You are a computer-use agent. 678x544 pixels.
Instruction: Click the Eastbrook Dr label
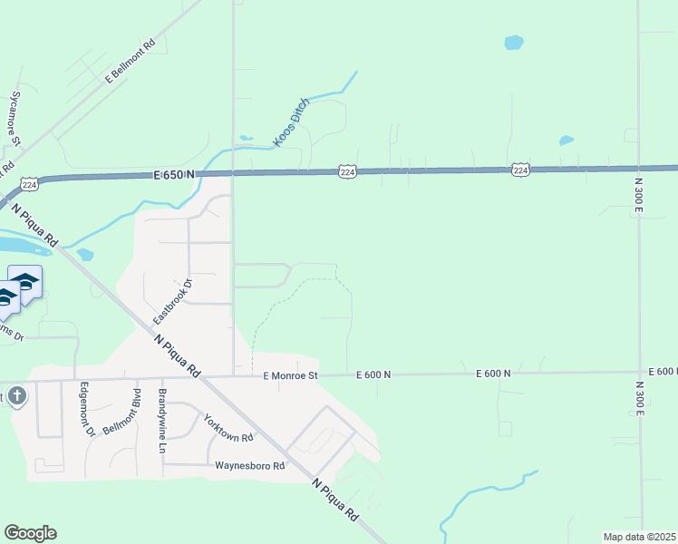174,302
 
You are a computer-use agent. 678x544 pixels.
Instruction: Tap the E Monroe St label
291,374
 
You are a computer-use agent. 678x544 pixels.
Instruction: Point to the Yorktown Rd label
228,427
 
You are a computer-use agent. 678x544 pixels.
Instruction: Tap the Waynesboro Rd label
250,466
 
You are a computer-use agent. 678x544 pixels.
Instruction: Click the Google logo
30,533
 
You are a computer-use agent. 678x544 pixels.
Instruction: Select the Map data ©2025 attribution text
640,537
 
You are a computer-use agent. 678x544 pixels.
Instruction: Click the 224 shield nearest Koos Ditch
348,170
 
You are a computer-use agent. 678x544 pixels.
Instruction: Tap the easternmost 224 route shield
520,170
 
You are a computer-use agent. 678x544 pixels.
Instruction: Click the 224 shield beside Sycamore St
30,183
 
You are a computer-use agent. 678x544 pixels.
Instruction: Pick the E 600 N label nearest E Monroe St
373,374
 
